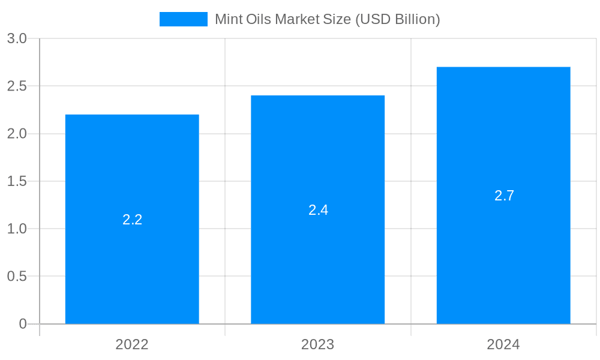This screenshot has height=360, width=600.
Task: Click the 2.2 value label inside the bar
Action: [x=132, y=220]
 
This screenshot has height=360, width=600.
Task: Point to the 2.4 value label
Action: [x=318, y=210]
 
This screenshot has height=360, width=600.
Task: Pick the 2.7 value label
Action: [x=504, y=196]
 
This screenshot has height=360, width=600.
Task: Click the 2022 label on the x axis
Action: [x=132, y=344]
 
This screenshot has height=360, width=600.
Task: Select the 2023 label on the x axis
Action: [x=318, y=344]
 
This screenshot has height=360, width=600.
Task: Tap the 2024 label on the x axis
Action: [x=503, y=344]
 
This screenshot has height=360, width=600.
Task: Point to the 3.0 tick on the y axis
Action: [x=17, y=39]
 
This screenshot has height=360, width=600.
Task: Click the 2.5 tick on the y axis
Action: [x=17, y=86]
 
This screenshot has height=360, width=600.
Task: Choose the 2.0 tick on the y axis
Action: [x=17, y=134]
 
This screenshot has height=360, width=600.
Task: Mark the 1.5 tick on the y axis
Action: [x=17, y=181]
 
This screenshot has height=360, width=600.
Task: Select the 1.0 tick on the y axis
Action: [x=17, y=229]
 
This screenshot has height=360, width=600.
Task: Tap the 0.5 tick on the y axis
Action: [x=17, y=277]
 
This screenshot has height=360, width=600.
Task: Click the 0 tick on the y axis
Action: [x=23, y=324]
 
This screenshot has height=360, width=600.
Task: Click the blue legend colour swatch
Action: [x=183, y=19]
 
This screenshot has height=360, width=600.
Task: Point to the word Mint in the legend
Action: [x=228, y=19]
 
